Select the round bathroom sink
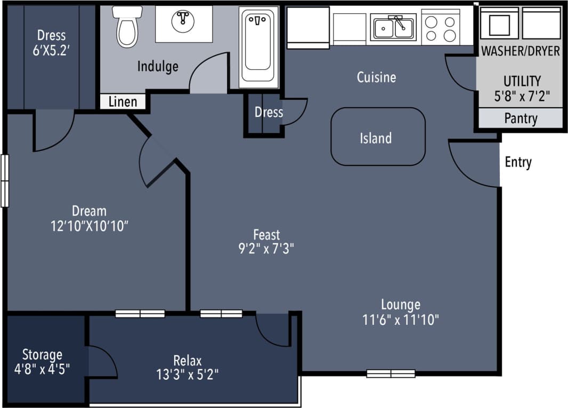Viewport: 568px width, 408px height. point(183,20)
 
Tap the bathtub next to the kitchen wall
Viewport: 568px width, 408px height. point(259,47)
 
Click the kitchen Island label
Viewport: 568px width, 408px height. point(376,138)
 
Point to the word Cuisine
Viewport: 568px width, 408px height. point(376,77)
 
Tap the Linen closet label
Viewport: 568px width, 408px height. point(123,102)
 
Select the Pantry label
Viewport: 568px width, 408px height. point(521,118)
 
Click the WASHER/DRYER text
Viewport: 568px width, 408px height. point(521,51)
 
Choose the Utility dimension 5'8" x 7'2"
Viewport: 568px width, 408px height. point(522,97)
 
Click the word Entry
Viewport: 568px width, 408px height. point(518,162)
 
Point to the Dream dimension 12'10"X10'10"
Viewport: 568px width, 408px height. point(90,226)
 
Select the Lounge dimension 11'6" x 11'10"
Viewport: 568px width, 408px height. point(400,319)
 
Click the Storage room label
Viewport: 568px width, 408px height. point(42,355)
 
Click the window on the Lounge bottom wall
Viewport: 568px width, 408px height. point(391,373)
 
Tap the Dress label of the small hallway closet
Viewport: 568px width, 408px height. point(269,113)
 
